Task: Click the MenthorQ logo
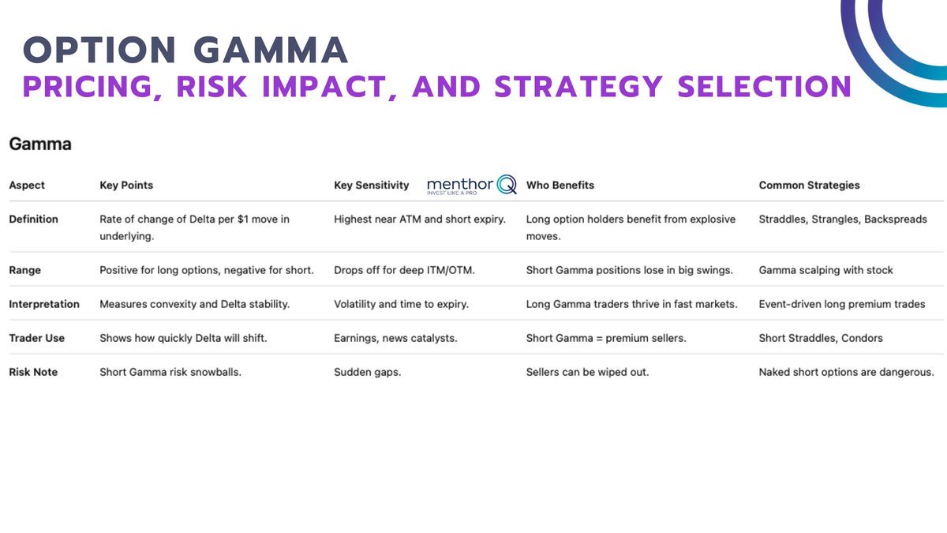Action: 471,185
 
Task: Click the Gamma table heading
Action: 40,145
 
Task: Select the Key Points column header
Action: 126,186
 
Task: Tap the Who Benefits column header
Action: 560,186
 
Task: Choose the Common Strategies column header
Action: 809,186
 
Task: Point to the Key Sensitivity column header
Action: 372,186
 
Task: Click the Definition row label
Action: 33,219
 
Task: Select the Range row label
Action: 25,270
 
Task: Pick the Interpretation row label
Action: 44,304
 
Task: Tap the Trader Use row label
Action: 37,338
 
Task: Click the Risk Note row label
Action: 33,372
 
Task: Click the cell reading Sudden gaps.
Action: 367,372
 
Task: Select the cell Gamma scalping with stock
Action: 825,270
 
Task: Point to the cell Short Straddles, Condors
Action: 821,338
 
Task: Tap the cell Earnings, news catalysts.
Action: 395,338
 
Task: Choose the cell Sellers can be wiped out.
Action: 587,372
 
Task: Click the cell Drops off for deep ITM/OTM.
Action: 404,270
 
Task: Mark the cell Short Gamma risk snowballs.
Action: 170,372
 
